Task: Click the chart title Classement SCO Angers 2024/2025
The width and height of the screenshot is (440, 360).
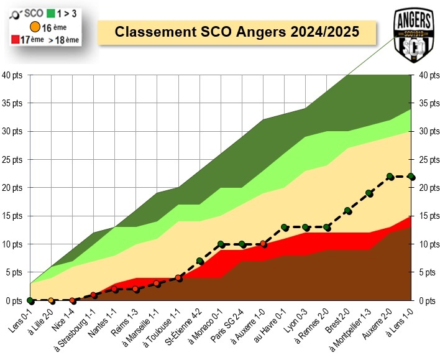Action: [x=238, y=32]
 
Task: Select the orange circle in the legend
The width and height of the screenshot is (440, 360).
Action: [x=35, y=27]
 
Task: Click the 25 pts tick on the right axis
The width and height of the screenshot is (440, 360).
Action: [x=428, y=160]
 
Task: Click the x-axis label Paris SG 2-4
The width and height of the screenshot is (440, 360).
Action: [x=229, y=323]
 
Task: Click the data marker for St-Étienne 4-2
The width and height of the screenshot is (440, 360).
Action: [x=199, y=261]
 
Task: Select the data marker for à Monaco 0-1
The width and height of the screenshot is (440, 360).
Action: [x=221, y=244]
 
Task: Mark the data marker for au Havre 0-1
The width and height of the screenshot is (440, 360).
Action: [x=284, y=228]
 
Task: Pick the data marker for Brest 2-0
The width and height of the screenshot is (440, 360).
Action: [x=347, y=211]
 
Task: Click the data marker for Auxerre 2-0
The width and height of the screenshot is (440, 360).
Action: [x=390, y=177]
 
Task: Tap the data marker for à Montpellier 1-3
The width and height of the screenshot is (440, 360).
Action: [x=369, y=193]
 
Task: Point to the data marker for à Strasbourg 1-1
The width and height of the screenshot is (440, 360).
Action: [x=93, y=295]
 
